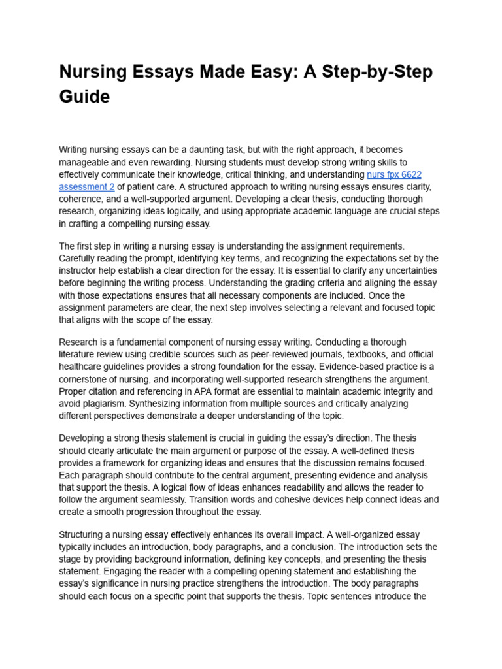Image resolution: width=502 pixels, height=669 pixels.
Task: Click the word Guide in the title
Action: (84, 97)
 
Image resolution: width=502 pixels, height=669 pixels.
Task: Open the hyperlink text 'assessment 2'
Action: (86, 187)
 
